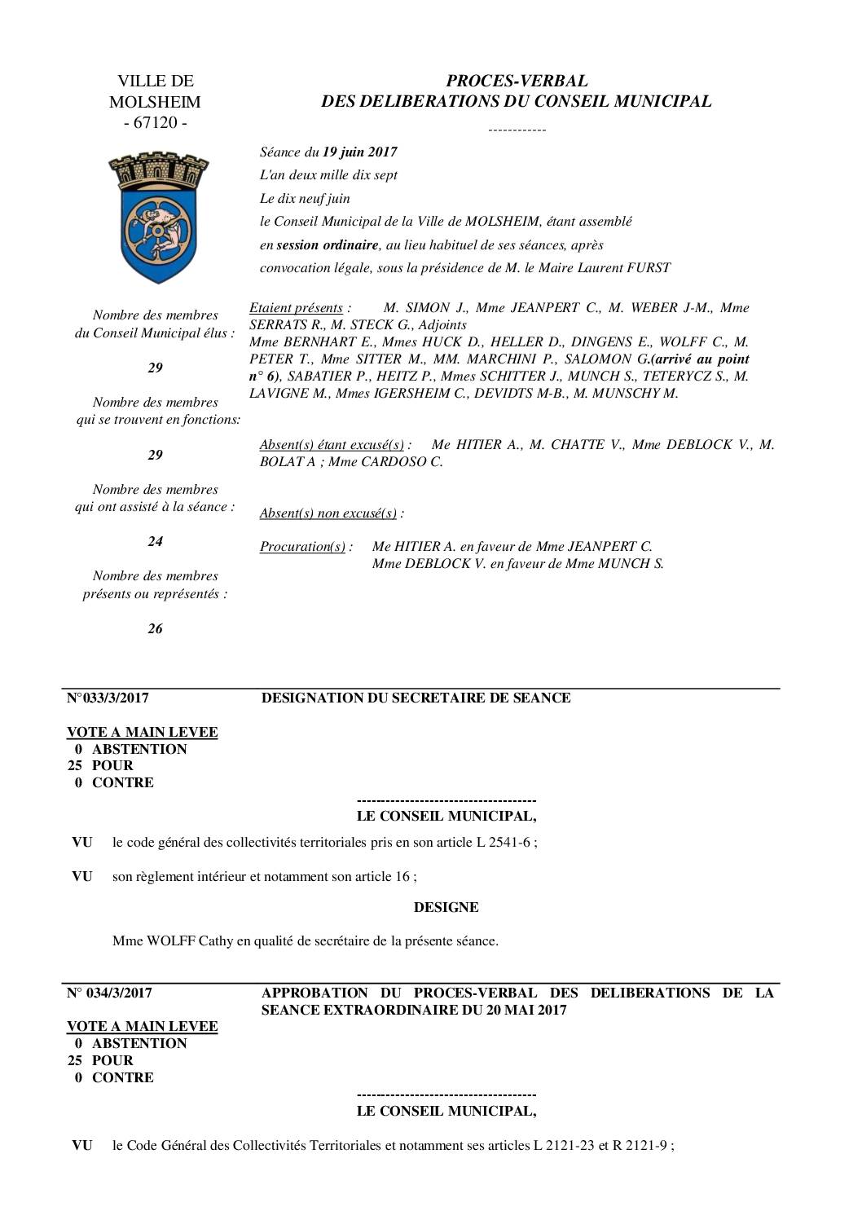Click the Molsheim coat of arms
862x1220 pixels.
click(159, 217)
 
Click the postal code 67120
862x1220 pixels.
click(155, 123)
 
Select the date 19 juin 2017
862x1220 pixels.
click(359, 152)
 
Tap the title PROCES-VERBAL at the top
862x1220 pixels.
click(517, 81)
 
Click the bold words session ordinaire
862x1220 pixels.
click(327, 244)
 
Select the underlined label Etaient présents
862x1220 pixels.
click(296, 307)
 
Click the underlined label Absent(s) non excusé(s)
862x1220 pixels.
click(328, 513)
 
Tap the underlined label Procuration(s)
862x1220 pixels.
click(302, 546)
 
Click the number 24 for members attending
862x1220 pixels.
click(155, 541)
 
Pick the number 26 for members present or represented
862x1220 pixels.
click(155, 628)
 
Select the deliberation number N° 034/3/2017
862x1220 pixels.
click(108, 993)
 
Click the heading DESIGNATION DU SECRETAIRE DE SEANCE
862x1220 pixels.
click(416, 698)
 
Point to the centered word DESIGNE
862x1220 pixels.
click(446, 907)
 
